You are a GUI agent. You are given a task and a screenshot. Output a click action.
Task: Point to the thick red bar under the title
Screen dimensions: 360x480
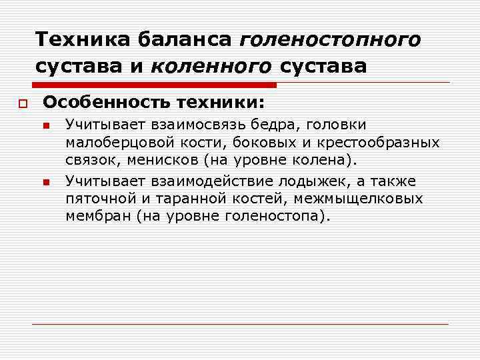tap(153, 85)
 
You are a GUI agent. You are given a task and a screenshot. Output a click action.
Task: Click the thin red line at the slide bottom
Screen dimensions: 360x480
tap(240, 324)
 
